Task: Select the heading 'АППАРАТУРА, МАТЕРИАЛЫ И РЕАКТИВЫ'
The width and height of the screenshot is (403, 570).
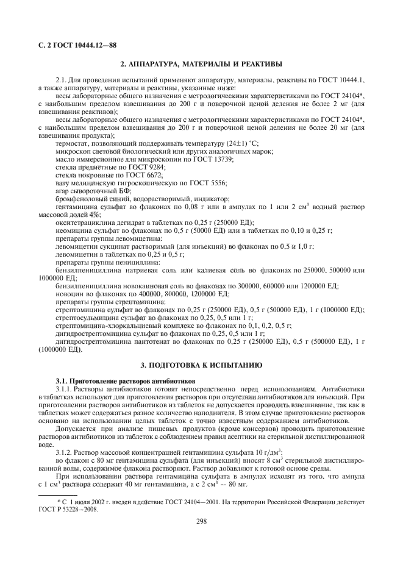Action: (201, 63)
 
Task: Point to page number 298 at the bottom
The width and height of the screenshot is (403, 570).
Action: (201, 521)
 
